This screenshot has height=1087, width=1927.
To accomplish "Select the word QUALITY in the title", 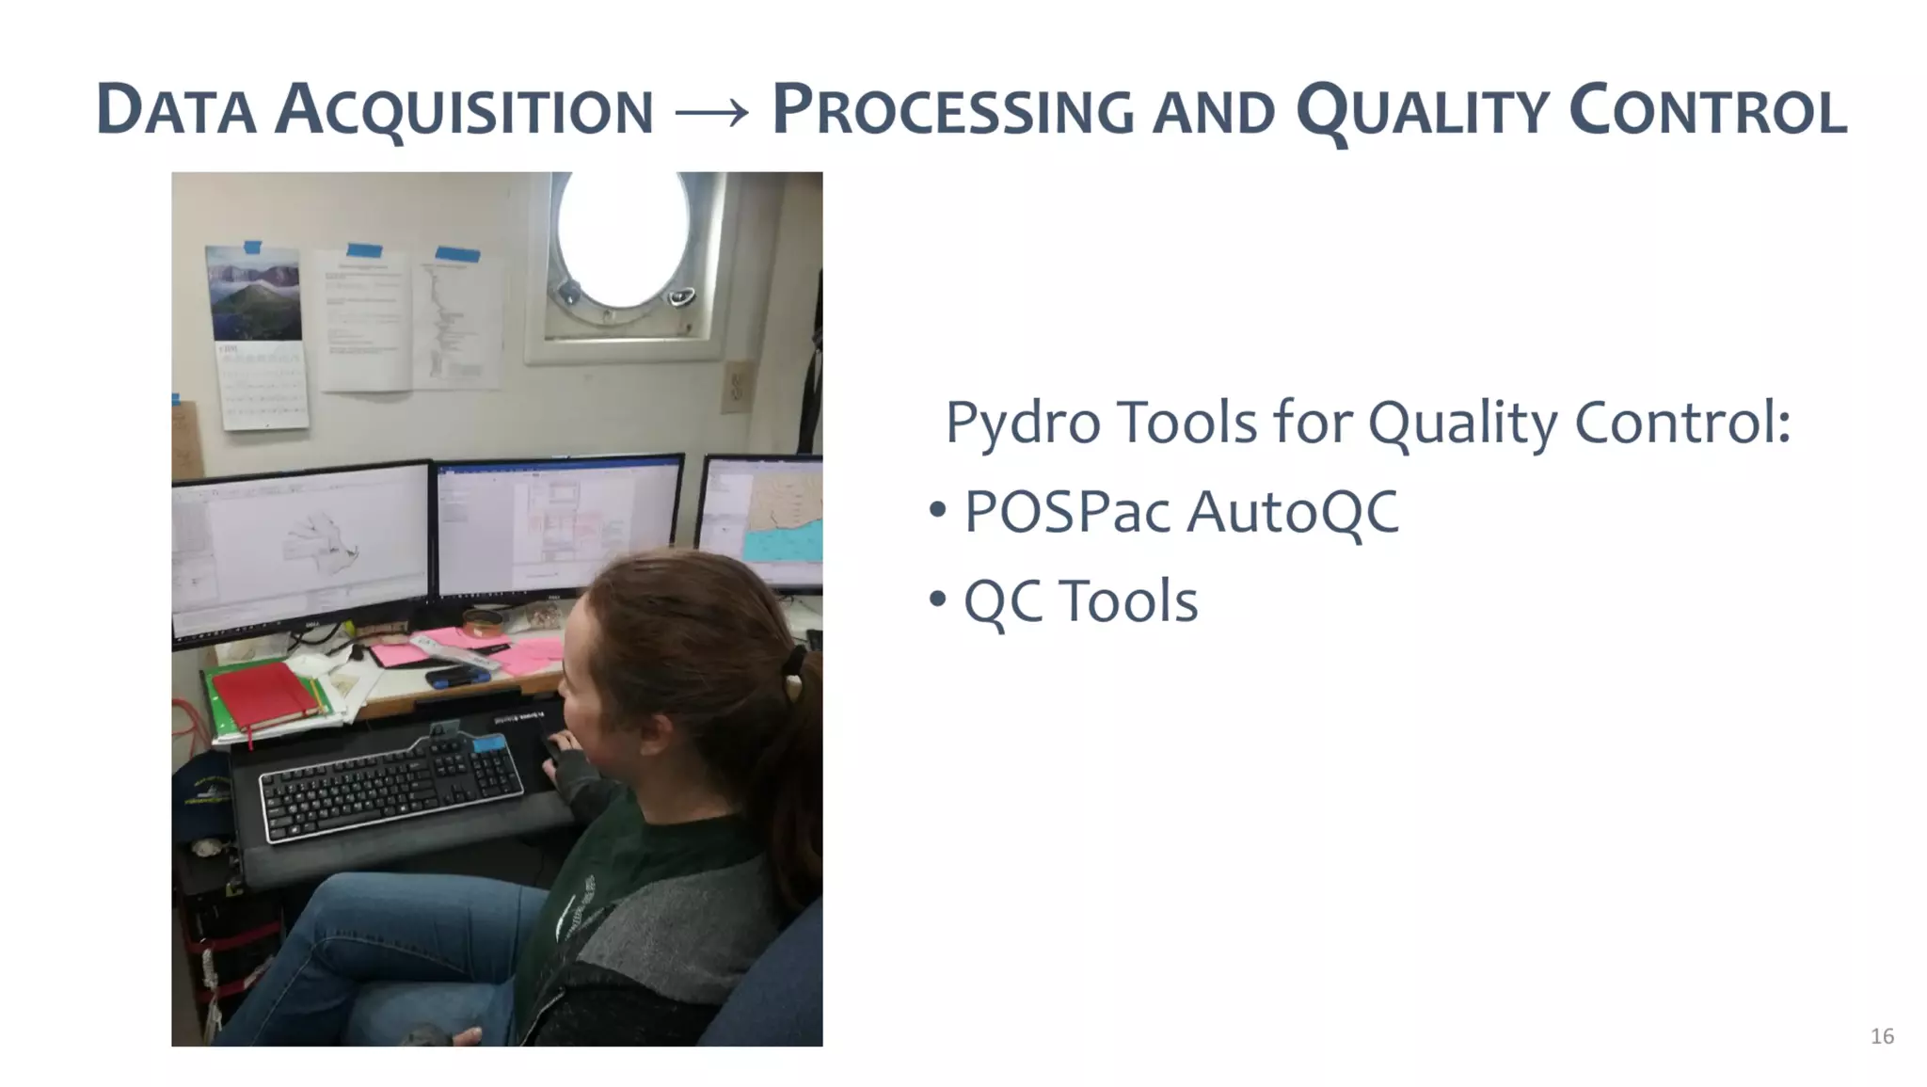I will point(1422,111).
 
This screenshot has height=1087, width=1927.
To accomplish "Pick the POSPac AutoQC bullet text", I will point(1181,512).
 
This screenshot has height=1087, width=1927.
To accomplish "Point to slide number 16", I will point(1882,1036).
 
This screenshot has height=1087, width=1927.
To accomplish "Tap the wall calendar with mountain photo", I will point(258,334).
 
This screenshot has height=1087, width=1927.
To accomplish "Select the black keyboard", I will point(390,783).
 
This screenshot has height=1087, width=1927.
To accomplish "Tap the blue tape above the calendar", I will point(252,248).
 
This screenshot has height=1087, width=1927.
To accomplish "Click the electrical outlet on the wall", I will point(737,386).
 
